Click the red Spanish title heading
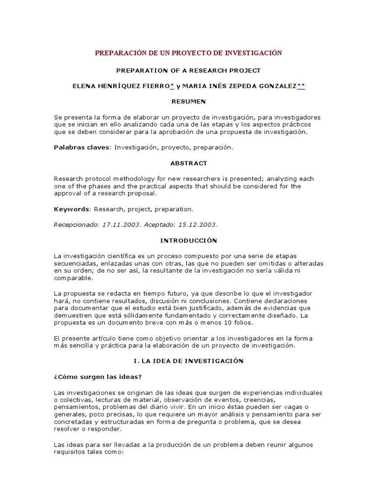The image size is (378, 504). (189, 53)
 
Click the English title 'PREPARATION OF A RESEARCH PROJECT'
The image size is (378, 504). (189, 70)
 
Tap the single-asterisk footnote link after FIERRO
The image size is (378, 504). (172, 86)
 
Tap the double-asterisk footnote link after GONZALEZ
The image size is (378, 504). (301, 86)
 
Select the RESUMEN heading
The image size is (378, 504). (189, 101)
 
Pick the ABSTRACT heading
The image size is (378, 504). (189, 163)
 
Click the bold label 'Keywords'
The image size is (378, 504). (71, 209)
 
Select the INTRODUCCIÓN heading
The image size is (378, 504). (189, 240)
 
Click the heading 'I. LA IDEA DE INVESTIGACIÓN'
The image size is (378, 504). (189, 361)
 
